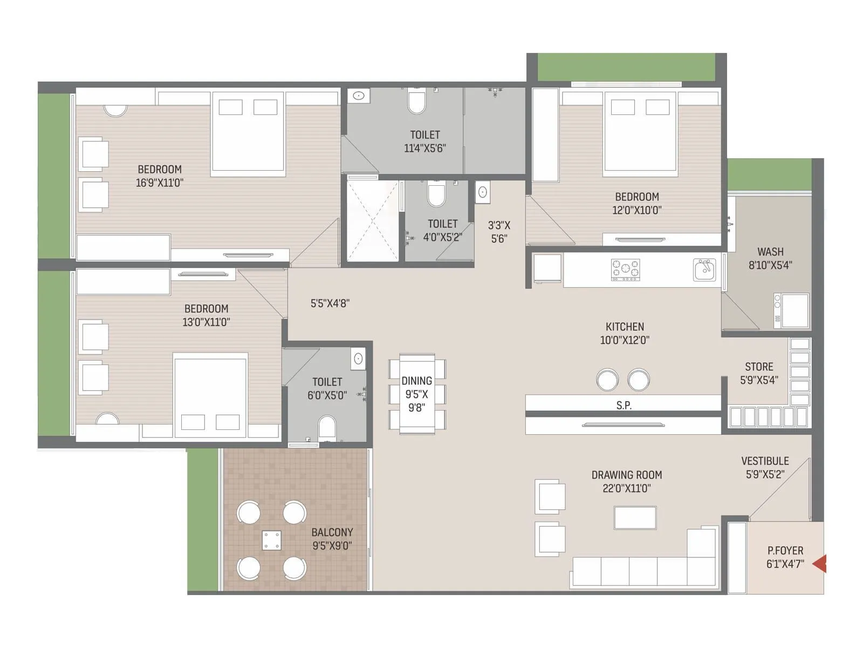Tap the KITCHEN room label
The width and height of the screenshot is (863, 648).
(x=625, y=327)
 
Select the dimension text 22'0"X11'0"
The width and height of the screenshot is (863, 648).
(x=626, y=489)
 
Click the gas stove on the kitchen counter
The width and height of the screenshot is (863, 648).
(x=625, y=269)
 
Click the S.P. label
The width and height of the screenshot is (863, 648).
(x=624, y=406)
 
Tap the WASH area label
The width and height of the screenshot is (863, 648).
(x=770, y=252)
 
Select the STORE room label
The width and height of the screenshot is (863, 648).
(x=759, y=367)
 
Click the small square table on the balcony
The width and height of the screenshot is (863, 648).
(x=271, y=541)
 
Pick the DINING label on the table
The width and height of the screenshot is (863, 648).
(x=416, y=381)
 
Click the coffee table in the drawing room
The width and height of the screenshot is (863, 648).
(x=635, y=517)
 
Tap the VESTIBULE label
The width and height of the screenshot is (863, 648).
(x=765, y=461)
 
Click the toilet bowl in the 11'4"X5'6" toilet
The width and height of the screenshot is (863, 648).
(x=417, y=103)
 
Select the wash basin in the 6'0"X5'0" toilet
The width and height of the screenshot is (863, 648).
(x=358, y=359)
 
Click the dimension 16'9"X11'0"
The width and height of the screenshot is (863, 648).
(x=159, y=183)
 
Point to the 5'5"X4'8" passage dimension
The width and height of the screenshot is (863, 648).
(x=330, y=303)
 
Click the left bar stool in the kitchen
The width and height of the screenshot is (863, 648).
(x=607, y=380)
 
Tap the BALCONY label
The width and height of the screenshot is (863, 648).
(x=332, y=532)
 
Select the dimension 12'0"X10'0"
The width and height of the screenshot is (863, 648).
(x=636, y=211)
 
